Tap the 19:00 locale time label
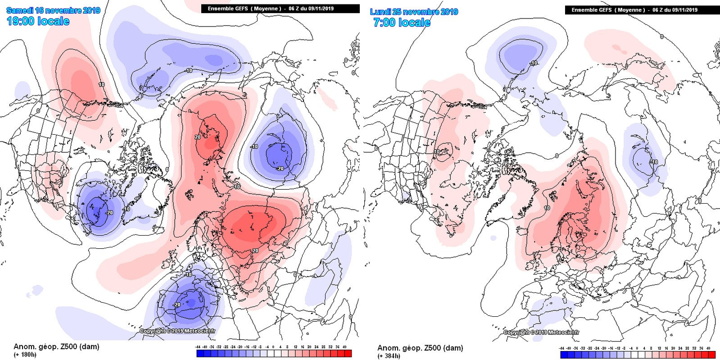pos(38,21)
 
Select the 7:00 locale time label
pos(402,23)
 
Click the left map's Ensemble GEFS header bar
pos(280,9)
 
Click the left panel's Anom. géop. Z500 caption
pos(56,346)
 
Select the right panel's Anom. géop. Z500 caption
pos(420,348)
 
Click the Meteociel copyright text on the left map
pos(178,331)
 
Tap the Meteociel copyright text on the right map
pos(542,333)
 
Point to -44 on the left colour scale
pos(198,347)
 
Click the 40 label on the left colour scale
pos(344,347)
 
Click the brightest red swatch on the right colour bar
pos(711,355)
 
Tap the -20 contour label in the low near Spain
pos(177,305)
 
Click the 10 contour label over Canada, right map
pos(437,152)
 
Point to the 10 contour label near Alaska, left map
pos(101,84)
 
